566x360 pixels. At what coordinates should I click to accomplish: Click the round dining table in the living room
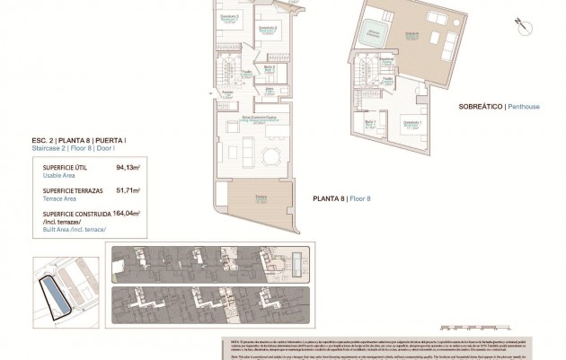tap(270, 157)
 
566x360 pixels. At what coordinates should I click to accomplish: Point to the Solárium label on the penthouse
tap(411, 35)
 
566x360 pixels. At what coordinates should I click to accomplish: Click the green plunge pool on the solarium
tap(368, 37)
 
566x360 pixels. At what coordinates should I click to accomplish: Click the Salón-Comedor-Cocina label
tap(259, 119)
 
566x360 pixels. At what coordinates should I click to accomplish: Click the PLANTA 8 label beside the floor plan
tap(329, 198)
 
